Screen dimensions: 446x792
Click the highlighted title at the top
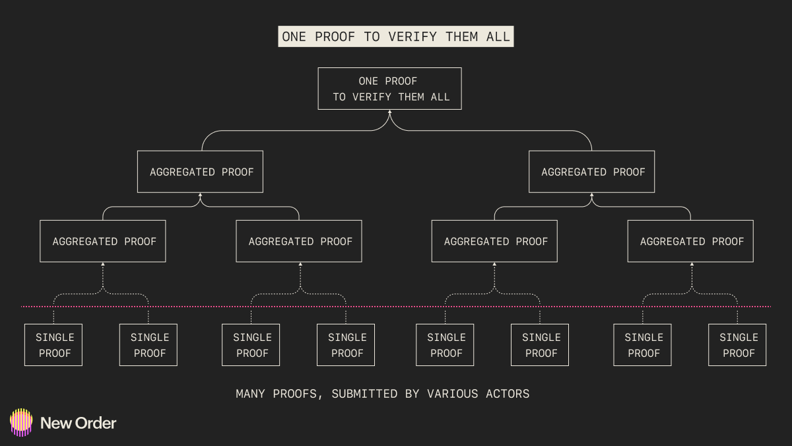396,37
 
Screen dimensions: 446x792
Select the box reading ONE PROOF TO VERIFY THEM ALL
389,89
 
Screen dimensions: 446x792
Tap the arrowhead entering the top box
389,113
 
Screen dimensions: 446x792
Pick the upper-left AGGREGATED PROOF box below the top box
200,172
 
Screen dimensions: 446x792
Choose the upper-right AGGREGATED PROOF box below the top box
592,172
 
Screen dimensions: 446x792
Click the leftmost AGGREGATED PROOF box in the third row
103,241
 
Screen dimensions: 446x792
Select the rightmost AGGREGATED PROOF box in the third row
690,241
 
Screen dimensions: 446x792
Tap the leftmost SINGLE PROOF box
53,345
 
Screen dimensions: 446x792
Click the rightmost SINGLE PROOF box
737,345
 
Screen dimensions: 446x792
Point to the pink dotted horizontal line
396,307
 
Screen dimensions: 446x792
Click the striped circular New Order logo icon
21,422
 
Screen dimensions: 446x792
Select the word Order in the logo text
96,423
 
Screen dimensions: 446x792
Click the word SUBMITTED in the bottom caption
362,394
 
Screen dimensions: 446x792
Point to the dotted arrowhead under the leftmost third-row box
103,265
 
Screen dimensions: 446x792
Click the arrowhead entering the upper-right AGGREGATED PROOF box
592,196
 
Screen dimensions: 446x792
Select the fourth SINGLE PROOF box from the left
346,345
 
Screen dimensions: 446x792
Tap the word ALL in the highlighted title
498,37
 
